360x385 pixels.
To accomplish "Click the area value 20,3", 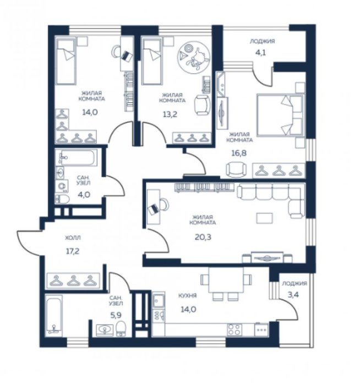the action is click(203, 237).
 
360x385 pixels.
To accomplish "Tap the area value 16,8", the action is click(238, 153).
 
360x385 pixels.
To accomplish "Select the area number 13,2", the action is click(170, 114).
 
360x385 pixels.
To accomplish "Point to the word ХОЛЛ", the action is click(73, 238).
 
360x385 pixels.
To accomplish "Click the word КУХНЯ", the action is click(188, 296).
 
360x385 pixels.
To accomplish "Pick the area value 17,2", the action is click(73, 251).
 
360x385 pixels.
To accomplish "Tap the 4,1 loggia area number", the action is click(261, 53).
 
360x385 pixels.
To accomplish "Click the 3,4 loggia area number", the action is click(293, 294).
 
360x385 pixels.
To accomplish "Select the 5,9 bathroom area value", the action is click(116, 315).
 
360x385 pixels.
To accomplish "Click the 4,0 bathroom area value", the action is click(84, 195).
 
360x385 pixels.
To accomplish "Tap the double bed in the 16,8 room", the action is click(280, 115).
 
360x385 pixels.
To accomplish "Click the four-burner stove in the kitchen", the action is click(234, 329).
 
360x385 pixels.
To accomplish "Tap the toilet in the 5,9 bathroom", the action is click(121, 328).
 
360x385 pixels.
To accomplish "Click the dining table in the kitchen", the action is click(226, 279).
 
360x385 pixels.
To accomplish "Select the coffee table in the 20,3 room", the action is click(264, 218).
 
